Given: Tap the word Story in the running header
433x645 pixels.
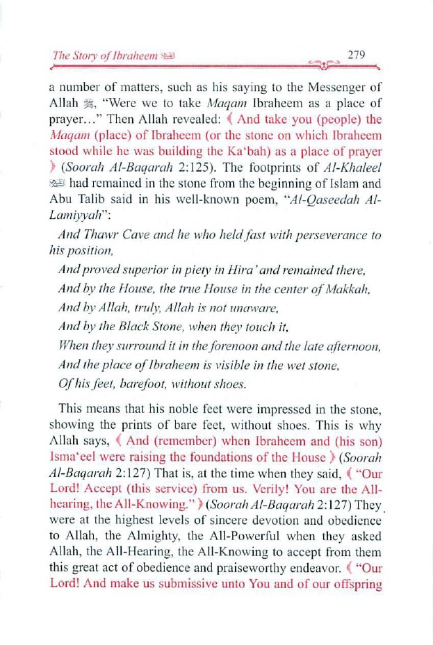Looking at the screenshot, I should (x=83, y=56).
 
